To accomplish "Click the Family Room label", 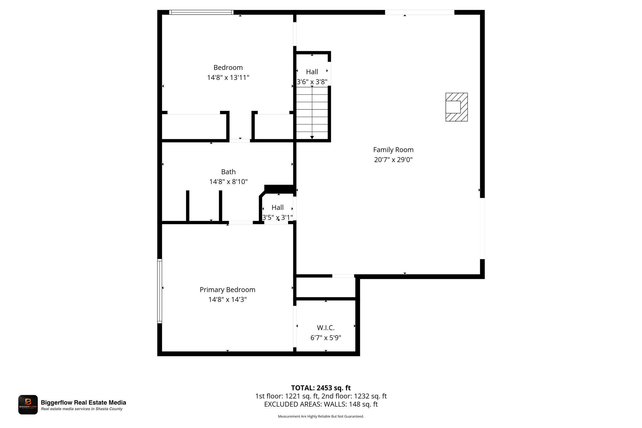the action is (x=393, y=150).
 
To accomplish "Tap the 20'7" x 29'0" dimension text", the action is (x=393, y=160).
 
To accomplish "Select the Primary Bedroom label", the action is (x=227, y=290).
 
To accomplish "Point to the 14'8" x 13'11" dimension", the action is (x=228, y=77).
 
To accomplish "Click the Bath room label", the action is (x=228, y=172).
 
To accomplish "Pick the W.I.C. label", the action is (x=326, y=328).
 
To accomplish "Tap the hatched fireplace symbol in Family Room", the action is (x=456, y=107).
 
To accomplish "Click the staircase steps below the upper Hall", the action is (x=312, y=113).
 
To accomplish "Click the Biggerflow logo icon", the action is (x=28, y=404).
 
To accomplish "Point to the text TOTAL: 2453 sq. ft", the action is (x=321, y=388).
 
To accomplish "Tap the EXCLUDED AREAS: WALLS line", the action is (x=321, y=404).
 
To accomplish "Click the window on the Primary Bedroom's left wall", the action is (x=160, y=291).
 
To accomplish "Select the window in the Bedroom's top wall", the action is (x=201, y=12).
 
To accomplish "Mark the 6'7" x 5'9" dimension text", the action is (x=326, y=338).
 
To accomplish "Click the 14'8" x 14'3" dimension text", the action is (x=227, y=299).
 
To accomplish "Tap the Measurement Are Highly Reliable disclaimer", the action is (x=321, y=416).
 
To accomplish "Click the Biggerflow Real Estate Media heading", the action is (x=83, y=403).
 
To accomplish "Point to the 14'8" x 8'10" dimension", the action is (x=228, y=182).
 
